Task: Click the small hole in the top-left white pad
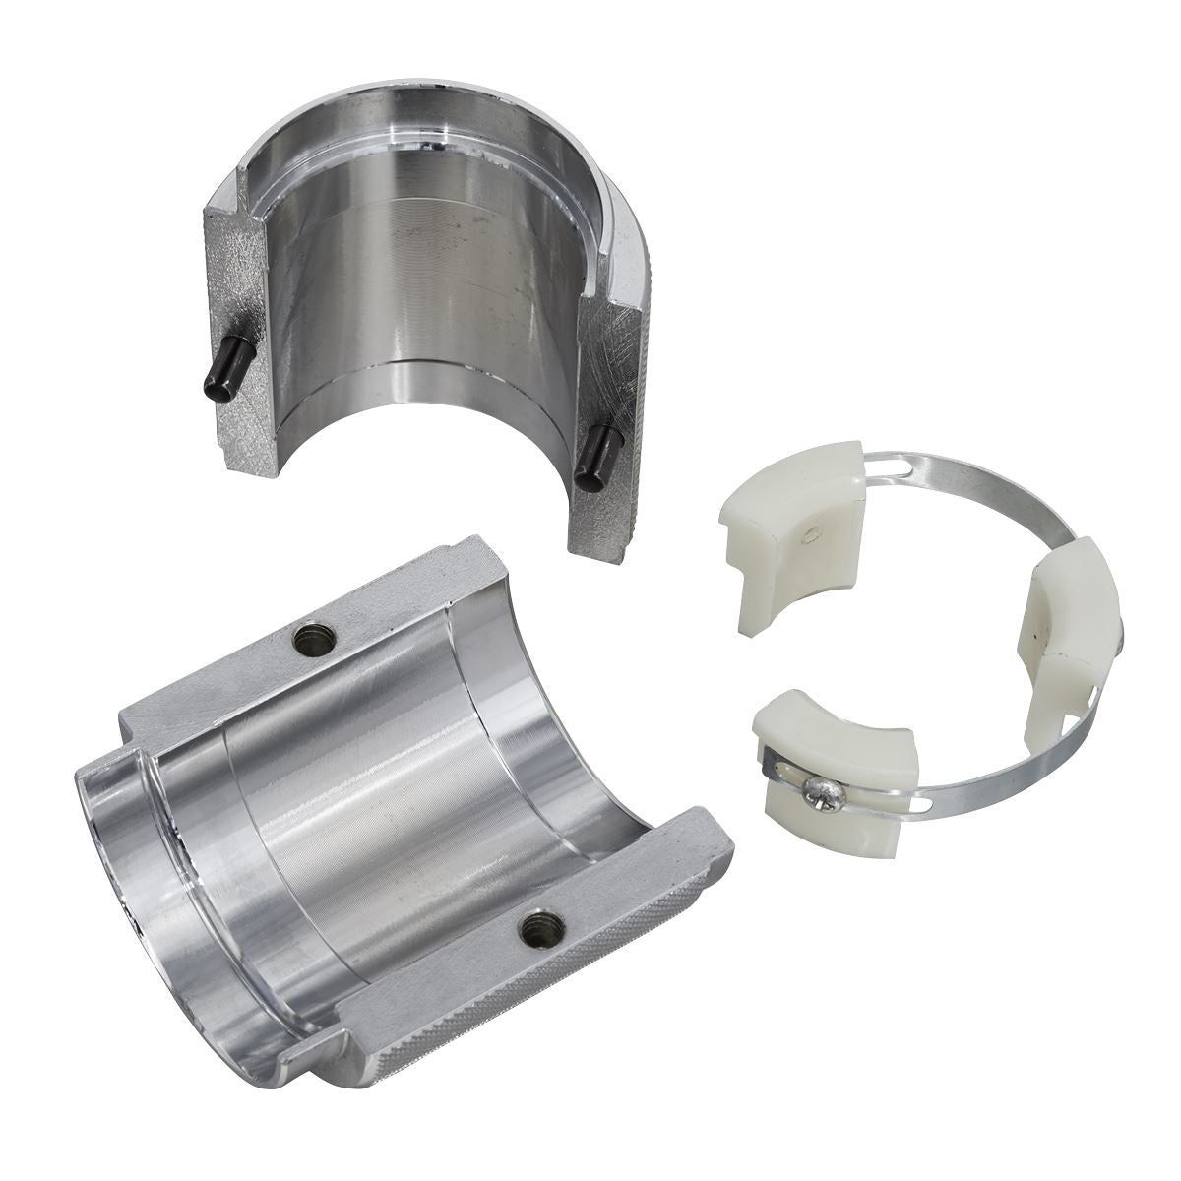(808, 534)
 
